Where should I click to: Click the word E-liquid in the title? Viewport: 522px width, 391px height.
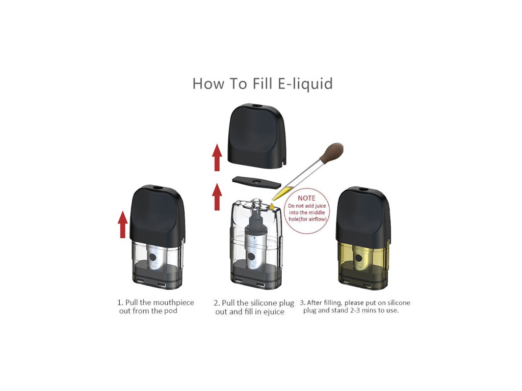(x=305, y=83)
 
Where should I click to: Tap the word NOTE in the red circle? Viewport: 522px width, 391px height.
(x=306, y=198)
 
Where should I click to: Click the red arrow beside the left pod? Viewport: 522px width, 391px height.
(x=123, y=225)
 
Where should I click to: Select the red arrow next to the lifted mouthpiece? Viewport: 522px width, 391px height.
(x=217, y=157)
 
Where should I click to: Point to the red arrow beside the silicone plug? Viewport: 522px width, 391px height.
(x=217, y=197)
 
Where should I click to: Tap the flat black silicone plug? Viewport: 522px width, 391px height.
(x=256, y=182)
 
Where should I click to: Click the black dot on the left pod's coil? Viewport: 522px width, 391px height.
(x=153, y=257)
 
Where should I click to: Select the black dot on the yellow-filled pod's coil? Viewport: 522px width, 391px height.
(x=359, y=258)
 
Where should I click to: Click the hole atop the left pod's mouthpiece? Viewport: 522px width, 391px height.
(x=156, y=189)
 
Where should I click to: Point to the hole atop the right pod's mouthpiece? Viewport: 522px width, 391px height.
(x=362, y=189)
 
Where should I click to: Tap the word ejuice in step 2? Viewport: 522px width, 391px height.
(x=274, y=312)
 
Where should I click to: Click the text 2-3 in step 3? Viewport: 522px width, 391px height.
(x=356, y=311)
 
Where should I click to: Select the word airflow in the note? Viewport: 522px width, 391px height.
(x=317, y=219)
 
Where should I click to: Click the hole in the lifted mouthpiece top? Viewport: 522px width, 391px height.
(x=256, y=106)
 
